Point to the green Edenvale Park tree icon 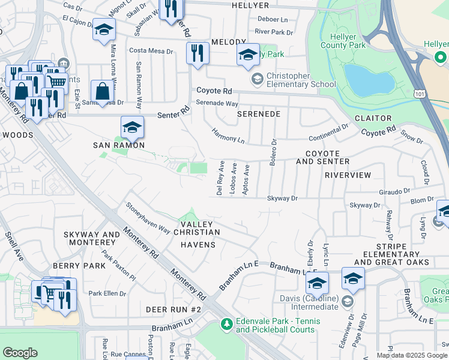point(226,325)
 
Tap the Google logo point(20,353)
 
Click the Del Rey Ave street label point(220,178)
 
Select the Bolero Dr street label point(274,150)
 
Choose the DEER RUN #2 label point(173,310)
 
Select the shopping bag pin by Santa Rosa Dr point(103,92)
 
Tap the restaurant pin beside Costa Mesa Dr point(197,54)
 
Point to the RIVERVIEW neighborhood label point(348,175)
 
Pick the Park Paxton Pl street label point(119,264)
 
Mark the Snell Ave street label point(14,247)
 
